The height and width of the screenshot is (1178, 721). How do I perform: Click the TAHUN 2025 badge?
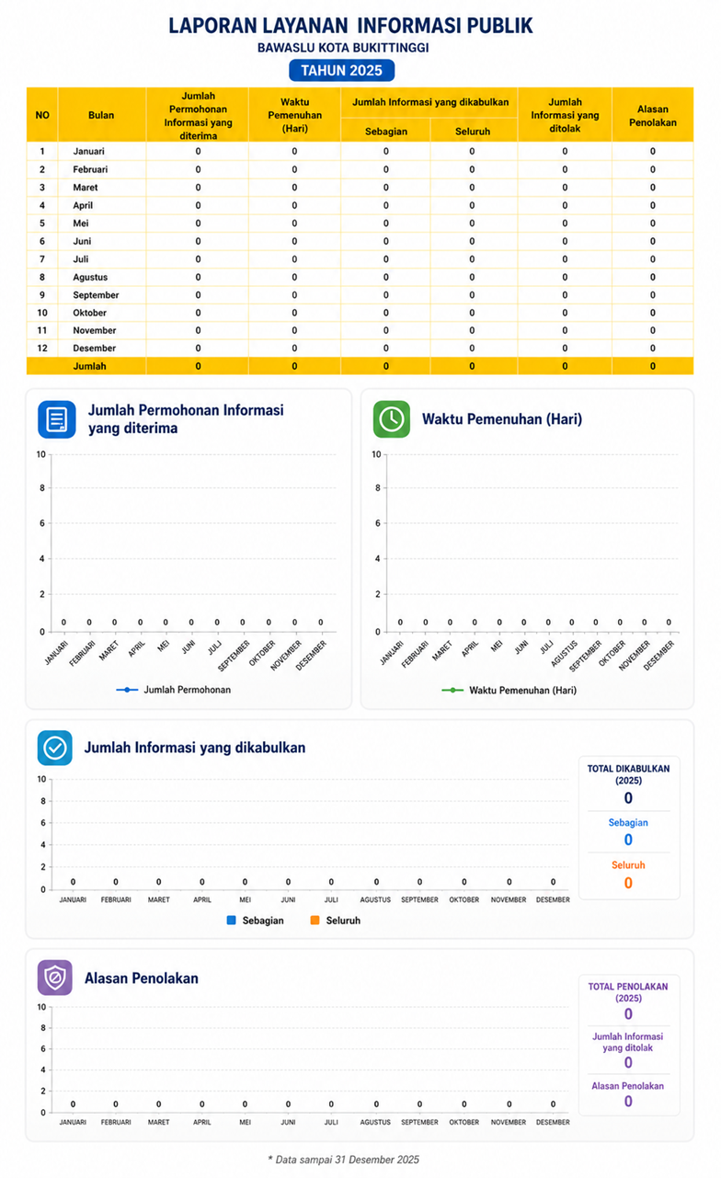pyautogui.click(x=341, y=71)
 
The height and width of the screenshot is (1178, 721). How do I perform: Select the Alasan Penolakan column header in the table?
pyautogui.click(x=652, y=116)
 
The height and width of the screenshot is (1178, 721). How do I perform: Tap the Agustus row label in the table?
pyautogui.click(x=90, y=277)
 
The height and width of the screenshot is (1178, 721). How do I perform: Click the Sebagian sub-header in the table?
pyautogui.click(x=386, y=132)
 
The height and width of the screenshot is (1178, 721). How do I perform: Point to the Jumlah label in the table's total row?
pyautogui.click(x=89, y=366)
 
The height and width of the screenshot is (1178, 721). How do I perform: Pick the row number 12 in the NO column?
pyautogui.click(x=42, y=349)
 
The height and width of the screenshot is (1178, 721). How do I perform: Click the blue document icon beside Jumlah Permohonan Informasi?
pyautogui.click(x=57, y=419)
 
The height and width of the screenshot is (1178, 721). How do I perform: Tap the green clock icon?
pyautogui.click(x=391, y=419)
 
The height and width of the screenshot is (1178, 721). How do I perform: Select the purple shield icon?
pyautogui.click(x=54, y=978)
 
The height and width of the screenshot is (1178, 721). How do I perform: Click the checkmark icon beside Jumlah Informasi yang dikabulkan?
pyautogui.click(x=54, y=748)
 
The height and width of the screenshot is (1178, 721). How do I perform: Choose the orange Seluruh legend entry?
pyautogui.click(x=335, y=921)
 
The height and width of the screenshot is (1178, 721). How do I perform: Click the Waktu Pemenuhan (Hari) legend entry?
pyautogui.click(x=509, y=690)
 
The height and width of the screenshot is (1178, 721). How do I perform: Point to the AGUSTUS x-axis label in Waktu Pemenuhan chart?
pyautogui.click(x=564, y=654)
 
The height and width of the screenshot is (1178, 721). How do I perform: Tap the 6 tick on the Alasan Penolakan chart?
pyautogui.click(x=43, y=1048)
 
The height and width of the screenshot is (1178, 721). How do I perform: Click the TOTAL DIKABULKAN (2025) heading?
pyautogui.click(x=628, y=774)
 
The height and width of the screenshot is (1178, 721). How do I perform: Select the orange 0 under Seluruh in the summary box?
pyautogui.click(x=628, y=883)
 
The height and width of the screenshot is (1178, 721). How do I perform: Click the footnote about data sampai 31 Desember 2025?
pyautogui.click(x=343, y=1160)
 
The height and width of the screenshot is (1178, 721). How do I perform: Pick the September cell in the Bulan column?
pyautogui.click(x=96, y=295)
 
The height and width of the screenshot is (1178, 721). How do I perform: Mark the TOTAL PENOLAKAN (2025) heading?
pyautogui.click(x=628, y=992)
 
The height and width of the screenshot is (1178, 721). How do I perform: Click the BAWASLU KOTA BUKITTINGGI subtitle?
pyautogui.click(x=343, y=48)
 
